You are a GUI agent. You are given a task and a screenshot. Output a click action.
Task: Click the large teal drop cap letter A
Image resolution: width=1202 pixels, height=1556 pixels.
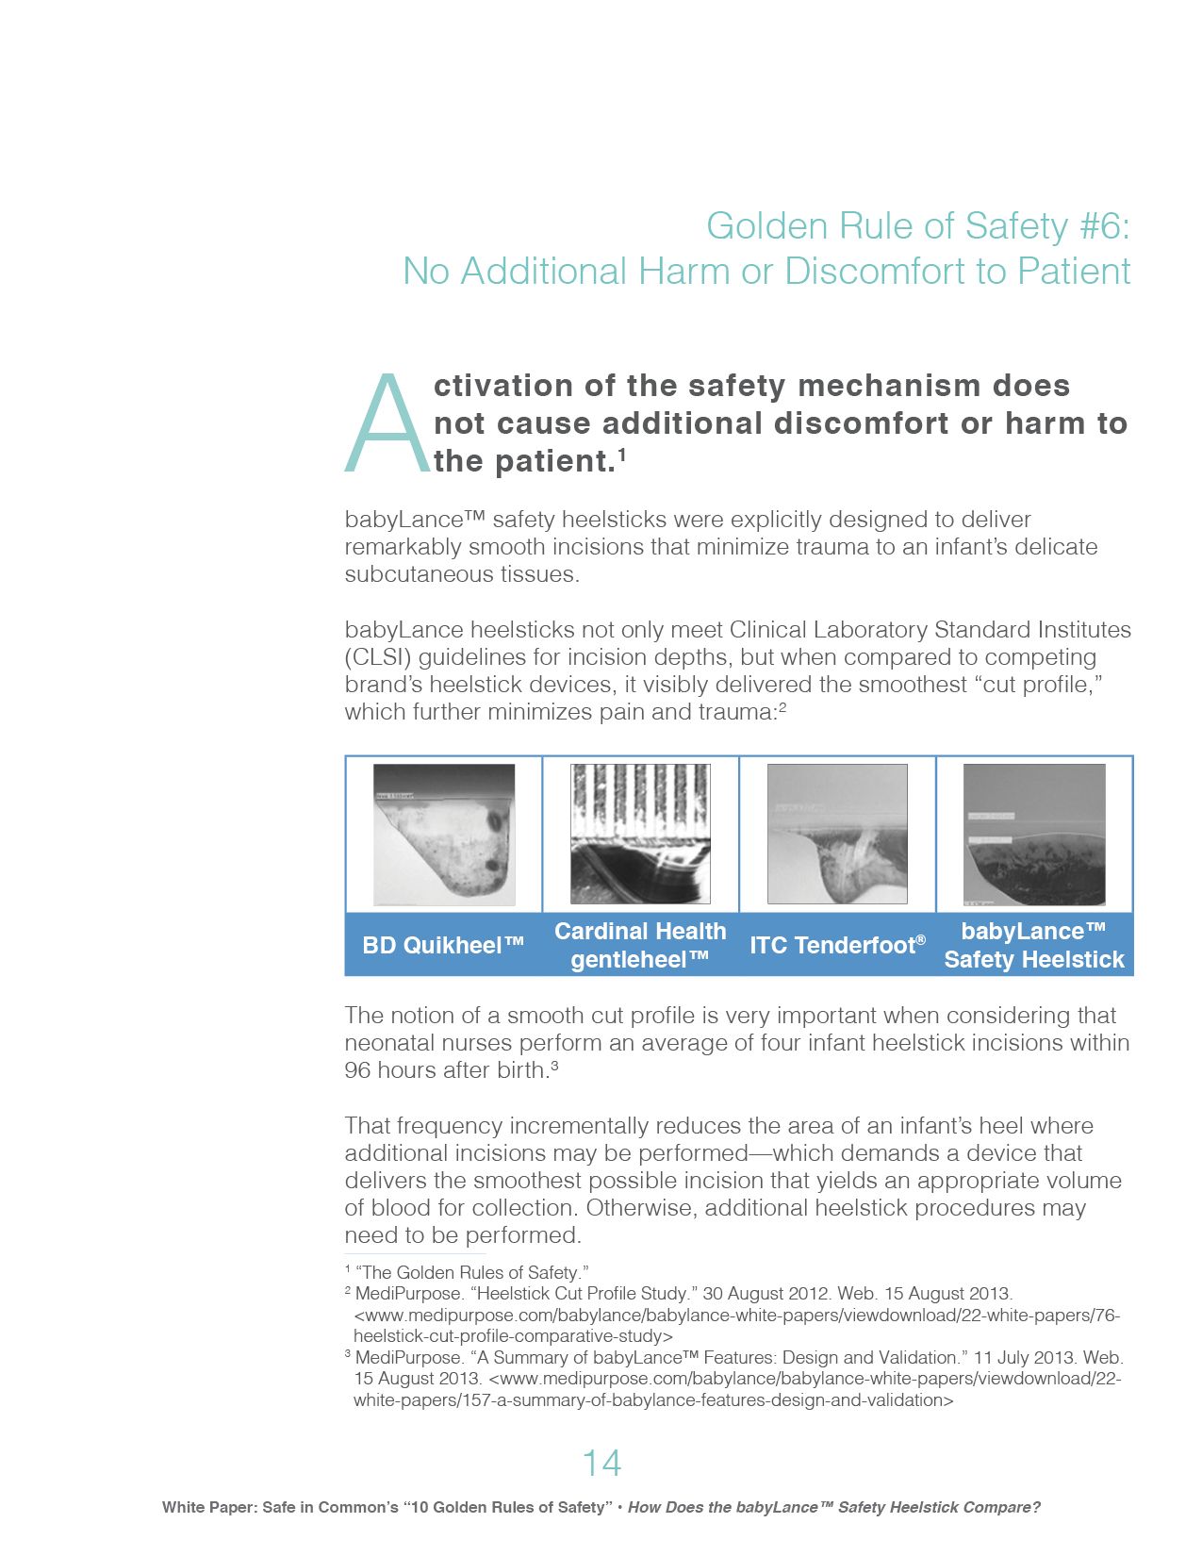click(x=387, y=424)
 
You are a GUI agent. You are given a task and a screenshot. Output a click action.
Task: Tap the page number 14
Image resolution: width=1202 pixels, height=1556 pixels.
click(x=601, y=1463)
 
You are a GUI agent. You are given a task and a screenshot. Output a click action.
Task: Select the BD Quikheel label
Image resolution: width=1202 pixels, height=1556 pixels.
click(x=443, y=945)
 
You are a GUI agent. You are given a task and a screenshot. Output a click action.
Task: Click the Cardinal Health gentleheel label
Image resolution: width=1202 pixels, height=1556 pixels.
click(x=640, y=945)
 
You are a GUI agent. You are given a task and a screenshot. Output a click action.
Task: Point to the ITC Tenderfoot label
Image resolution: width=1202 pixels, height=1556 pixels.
click(x=837, y=945)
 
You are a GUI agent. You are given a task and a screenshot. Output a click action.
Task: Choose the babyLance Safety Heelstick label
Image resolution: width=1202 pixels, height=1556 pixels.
click(x=1034, y=945)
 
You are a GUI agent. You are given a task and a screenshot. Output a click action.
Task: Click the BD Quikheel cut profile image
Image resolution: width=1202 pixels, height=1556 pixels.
click(x=444, y=835)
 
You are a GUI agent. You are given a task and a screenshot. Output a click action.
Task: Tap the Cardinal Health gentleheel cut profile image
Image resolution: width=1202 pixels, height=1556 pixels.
click(x=640, y=835)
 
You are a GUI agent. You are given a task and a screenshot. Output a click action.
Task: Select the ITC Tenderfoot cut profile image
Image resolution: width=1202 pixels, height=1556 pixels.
click(x=837, y=835)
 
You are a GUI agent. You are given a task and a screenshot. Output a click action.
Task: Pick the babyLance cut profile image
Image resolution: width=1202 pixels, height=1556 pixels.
click(x=1034, y=835)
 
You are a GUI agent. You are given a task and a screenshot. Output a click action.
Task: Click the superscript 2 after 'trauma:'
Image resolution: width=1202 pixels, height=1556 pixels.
click(x=782, y=706)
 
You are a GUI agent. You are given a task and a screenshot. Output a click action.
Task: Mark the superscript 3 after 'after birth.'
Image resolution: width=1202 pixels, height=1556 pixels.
click(x=555, y=1066)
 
